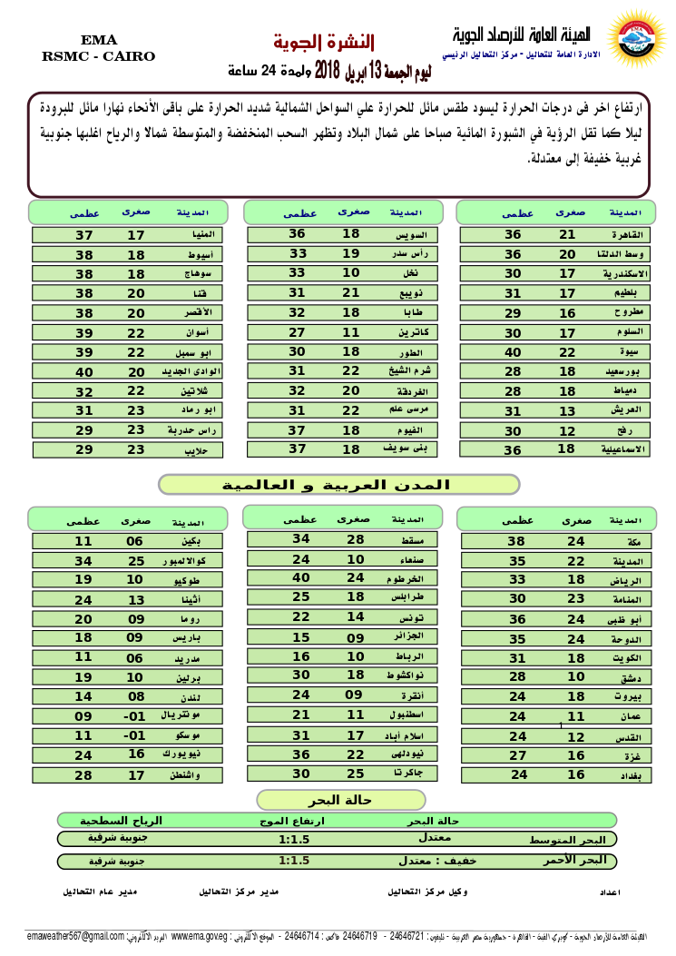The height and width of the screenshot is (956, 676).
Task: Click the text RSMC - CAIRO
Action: coord(98,56)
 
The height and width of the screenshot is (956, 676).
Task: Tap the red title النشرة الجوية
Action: coord(324,42)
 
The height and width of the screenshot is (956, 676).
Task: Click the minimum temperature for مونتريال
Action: coord(135,715)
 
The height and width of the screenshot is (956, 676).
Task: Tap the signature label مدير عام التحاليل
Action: coord(100,892)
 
